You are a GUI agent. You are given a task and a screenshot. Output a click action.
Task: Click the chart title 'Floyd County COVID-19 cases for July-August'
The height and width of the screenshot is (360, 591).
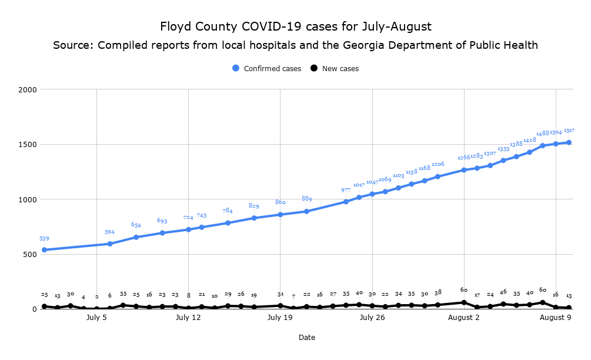tap(295, 26)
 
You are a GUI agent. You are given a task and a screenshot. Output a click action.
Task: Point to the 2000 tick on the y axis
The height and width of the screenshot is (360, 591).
tap(27, 89)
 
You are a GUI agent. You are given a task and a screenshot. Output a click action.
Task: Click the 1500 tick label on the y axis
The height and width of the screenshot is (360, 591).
tap(27, 145)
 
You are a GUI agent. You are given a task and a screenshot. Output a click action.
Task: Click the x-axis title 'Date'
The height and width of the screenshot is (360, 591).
tap(306, 338)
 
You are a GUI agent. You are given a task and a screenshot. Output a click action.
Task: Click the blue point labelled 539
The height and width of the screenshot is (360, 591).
tap(44, 250)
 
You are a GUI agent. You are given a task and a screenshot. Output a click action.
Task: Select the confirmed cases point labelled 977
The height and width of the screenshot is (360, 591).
tap(346, 202)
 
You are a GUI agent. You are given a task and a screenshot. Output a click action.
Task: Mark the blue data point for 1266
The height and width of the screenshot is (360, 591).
tap(464, 170)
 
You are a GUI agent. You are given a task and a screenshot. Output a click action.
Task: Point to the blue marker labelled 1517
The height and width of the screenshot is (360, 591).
tap(569, 142)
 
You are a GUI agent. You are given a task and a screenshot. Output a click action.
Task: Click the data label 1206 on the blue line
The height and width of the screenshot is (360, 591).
tap(438, 165)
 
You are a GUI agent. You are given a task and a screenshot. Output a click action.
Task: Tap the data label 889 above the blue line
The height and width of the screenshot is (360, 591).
tap(306, 199)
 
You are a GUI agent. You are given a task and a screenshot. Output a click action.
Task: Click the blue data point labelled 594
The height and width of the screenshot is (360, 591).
tap(110, 244)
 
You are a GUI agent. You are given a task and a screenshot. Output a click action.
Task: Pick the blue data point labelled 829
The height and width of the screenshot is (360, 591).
tap(254, 218)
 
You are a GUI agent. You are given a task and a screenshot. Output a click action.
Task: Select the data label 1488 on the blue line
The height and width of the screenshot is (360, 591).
tap(543, 134)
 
